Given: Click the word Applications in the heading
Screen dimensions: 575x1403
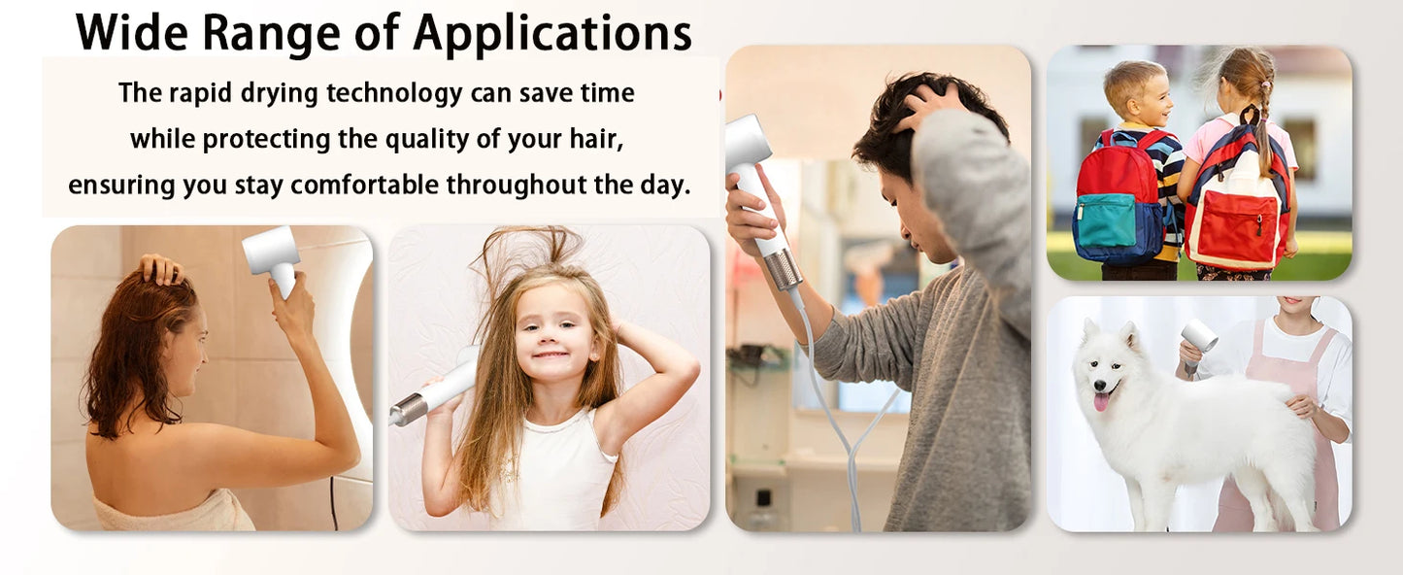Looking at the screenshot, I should point(551,35).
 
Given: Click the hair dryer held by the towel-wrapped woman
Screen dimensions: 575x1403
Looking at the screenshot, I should point(271,255).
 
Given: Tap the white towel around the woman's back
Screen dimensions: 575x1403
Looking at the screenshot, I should point(175,512).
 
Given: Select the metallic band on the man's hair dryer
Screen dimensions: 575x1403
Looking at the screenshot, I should point(784,269).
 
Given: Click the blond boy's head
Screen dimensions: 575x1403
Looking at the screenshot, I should point(1138,89).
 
